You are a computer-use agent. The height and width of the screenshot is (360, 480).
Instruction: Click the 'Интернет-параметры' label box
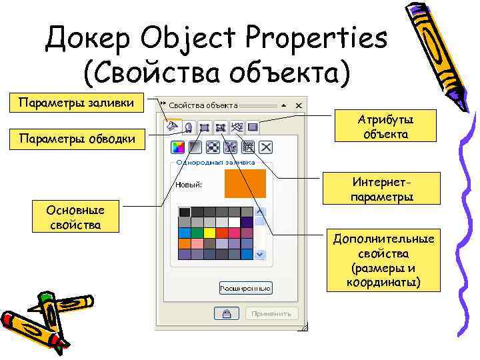381,189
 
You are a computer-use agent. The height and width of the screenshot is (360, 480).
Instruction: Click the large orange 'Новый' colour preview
245,184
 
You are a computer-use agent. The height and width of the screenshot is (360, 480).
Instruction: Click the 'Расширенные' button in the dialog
245,288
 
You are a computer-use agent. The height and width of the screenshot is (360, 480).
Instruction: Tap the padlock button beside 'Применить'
227,313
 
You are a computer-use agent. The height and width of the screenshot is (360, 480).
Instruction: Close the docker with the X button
299,105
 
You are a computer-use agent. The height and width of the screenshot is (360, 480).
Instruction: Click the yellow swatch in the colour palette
209,233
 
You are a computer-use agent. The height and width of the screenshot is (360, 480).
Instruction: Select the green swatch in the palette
197,233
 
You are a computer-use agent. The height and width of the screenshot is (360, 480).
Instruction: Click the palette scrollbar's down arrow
260,254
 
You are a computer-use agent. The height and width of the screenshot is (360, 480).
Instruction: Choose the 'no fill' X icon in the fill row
265,147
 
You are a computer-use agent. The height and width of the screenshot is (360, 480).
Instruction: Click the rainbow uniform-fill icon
178,147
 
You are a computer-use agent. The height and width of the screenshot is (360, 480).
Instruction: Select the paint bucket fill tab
173,125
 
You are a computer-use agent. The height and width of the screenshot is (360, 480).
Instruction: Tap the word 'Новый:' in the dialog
189,185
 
